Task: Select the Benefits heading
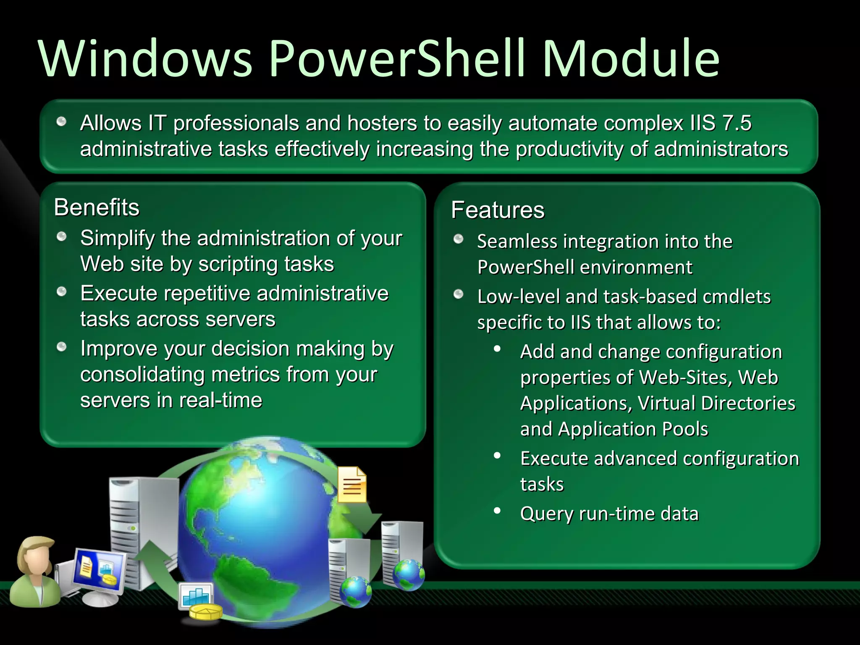(x=97, y=207)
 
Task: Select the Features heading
(x=498, y=210)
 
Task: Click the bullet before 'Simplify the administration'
(x=62, y=237)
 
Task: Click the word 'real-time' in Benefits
(x=221, y=400)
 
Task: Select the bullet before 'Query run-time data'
(x=497, y=511)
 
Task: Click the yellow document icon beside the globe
(x=352, y=485)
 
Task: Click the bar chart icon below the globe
(x=196, y=595)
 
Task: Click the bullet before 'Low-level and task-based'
(x=458, y=294)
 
